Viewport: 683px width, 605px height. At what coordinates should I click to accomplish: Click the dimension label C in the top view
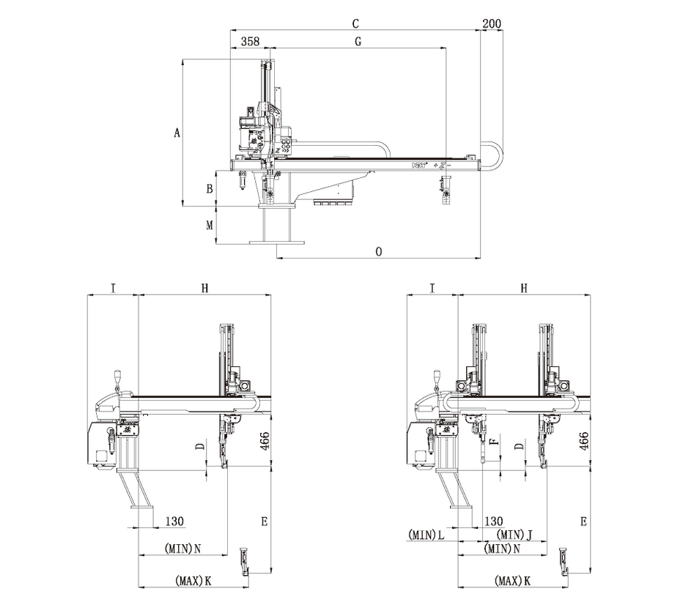[355, 24]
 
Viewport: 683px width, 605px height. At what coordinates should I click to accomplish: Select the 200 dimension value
[492, 24]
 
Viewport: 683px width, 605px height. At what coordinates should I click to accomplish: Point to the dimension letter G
[358, 42]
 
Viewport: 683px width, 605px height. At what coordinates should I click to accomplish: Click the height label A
[176, 133]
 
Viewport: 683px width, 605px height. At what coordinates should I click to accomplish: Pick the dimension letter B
[210, 188]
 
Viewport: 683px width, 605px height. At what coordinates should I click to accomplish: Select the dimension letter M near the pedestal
[210, 225]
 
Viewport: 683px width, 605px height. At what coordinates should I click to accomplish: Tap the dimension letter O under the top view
[378, 251]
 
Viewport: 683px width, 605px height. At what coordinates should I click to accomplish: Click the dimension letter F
[493, 442]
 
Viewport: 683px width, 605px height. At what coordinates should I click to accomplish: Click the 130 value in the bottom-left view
[174, 521]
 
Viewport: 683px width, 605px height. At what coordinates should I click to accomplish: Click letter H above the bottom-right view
[523, 289]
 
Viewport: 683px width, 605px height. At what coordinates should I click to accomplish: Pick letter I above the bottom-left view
[113, 289]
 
